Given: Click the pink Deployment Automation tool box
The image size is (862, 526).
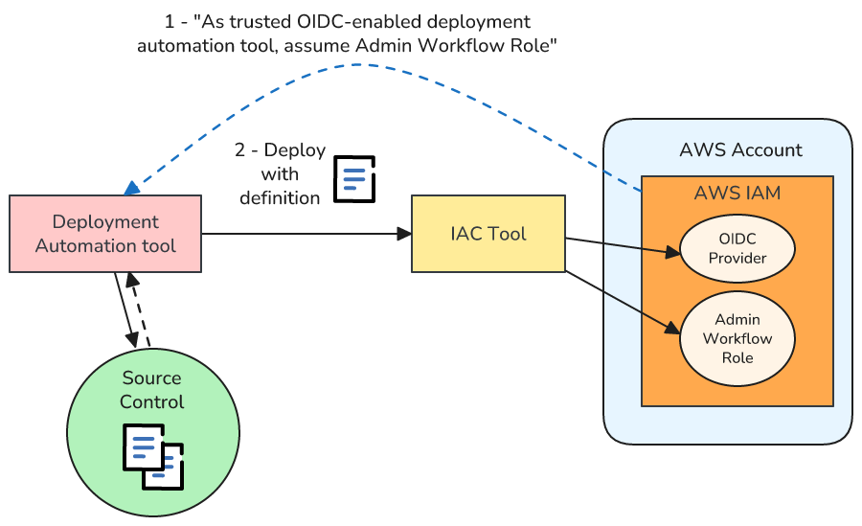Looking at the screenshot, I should click(x=105, y=234).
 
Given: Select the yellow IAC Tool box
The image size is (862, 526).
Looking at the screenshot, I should click(x=488, y=234).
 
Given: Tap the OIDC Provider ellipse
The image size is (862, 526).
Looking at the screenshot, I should click(x=737, y=247).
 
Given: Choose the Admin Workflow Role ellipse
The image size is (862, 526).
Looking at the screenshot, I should click(x=737, y=338).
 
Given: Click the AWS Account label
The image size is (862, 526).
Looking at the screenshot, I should click(x=740, y=149).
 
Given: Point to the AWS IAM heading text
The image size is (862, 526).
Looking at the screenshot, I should click(x=737, y=193).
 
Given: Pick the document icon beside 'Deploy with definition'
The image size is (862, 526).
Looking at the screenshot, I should click(x=354, y=179).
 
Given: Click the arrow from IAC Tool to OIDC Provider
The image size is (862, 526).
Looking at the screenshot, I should click(x=623, y=246).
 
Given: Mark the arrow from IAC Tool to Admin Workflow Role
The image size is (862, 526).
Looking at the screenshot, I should click(x=623, y=302).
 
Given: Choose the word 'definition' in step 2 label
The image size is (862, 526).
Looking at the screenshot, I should click(x=280, y=198).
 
